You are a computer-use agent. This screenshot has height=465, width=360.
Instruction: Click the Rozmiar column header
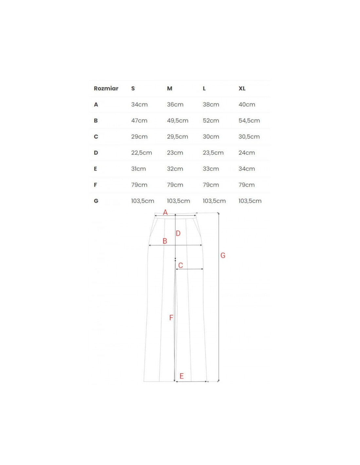click(106, 88)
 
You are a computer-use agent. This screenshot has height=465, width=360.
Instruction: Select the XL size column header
click(242, 88)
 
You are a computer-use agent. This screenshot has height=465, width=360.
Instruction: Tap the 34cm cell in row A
click(139, 104)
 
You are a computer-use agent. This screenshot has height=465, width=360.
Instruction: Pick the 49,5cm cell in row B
click(177, 121)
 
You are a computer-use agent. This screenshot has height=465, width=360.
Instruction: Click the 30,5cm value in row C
click(249, 137)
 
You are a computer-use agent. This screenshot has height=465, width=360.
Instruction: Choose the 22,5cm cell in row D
click(142, 153)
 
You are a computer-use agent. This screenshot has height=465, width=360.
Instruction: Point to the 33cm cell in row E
click(211, 169)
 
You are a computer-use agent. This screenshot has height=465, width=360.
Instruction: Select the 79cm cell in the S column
click(139, 185)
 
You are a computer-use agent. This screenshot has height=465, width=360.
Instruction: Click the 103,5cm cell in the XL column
click(250, 201)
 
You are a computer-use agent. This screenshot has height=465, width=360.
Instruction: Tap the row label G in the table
click(96, 201)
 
